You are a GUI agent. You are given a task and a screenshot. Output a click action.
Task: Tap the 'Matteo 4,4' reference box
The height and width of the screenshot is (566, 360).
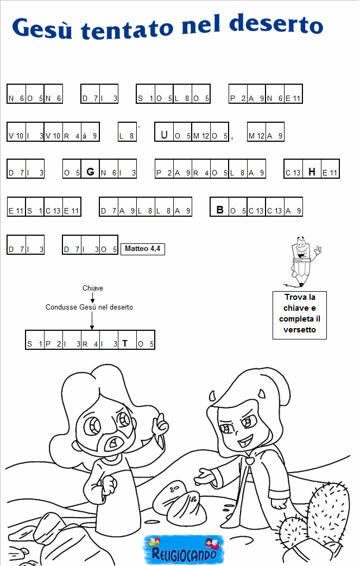tap(142, 249)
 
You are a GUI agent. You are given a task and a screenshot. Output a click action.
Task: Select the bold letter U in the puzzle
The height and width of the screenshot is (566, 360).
tap(164, 135)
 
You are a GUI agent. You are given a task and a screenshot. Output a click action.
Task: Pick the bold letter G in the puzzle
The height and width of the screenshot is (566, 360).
tap(90, 172)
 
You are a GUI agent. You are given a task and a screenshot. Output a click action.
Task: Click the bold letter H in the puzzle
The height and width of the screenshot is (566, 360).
tap(312, 172)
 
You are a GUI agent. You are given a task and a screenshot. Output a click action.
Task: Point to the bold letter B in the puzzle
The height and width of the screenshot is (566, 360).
tap(220, 210)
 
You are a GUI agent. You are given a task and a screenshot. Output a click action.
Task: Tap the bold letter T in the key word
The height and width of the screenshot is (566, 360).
tap(125, 343)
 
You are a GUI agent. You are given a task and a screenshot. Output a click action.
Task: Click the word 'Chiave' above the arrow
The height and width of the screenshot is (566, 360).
tap(93, 288)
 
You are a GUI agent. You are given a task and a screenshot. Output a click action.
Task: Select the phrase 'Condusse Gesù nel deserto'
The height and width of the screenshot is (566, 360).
tap(89, 307)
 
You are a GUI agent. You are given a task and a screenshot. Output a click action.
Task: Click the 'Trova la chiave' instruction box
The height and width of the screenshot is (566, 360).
tap(300, 313)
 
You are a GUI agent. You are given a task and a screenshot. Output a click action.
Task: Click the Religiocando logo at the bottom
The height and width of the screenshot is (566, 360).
tap(181, 550)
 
